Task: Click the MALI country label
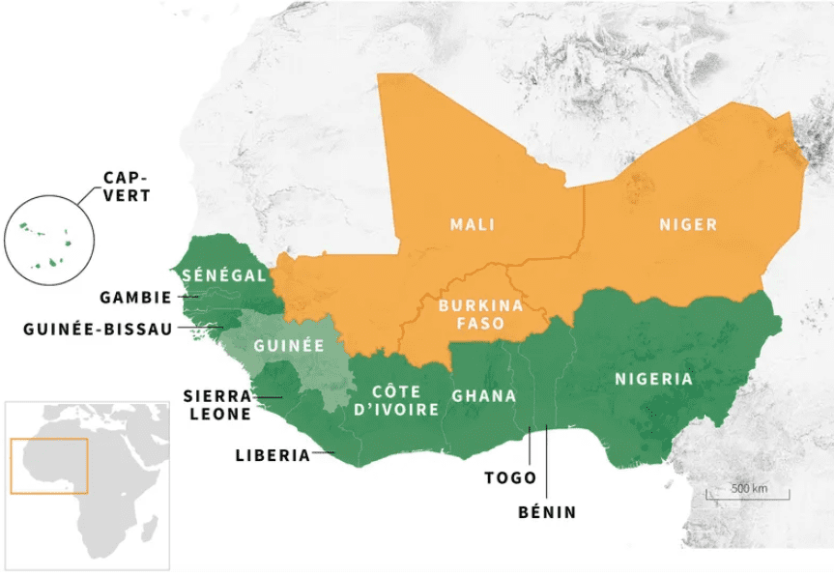tap(472, 225)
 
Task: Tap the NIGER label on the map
tap(688, 225)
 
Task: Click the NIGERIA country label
tap(653, 379)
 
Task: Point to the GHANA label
tap(483, 396)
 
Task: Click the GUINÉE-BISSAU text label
tap(97, 329)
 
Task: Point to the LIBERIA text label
tap(273, 455)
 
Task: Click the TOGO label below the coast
tap(510, 478)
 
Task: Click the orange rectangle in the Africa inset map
tap(48, 466)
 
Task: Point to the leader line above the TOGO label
tap(530, 446)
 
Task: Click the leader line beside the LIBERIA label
tap(324, 453)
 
